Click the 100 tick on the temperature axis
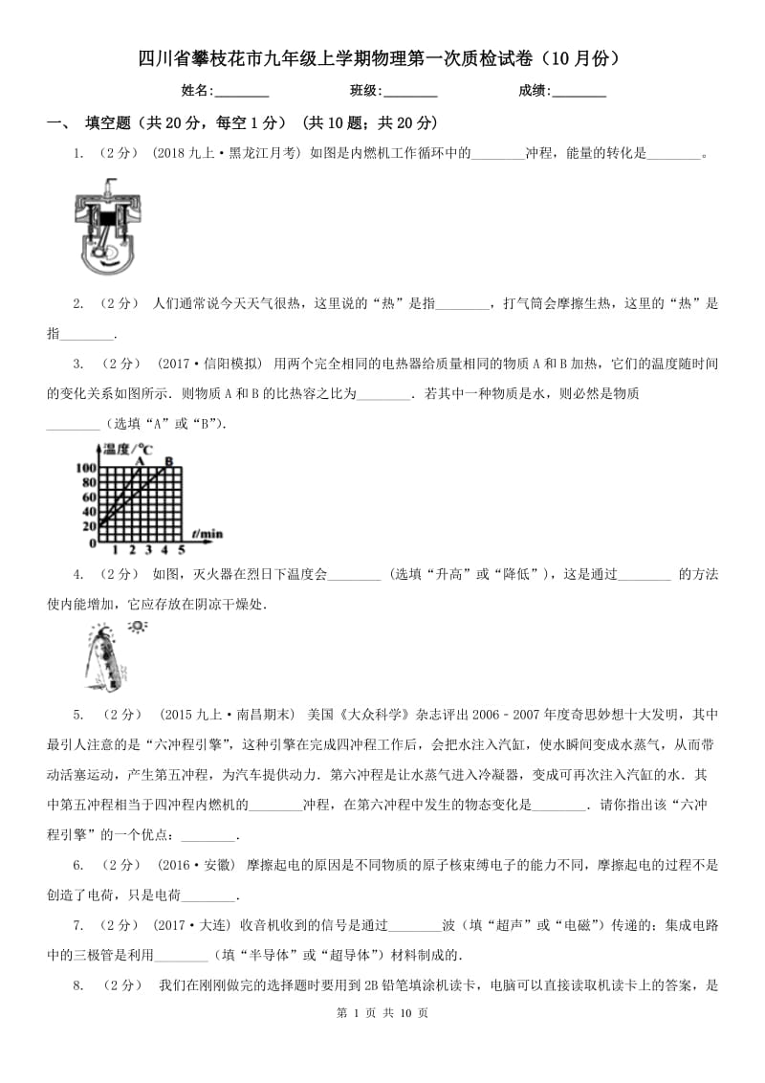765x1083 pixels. point(84,468)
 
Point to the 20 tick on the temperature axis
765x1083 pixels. point(89,525)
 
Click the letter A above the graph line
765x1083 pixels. point(140,460)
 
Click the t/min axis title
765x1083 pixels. point(207,533)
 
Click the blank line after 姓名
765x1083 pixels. point(242,91)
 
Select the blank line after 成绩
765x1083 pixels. point(579,91)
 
